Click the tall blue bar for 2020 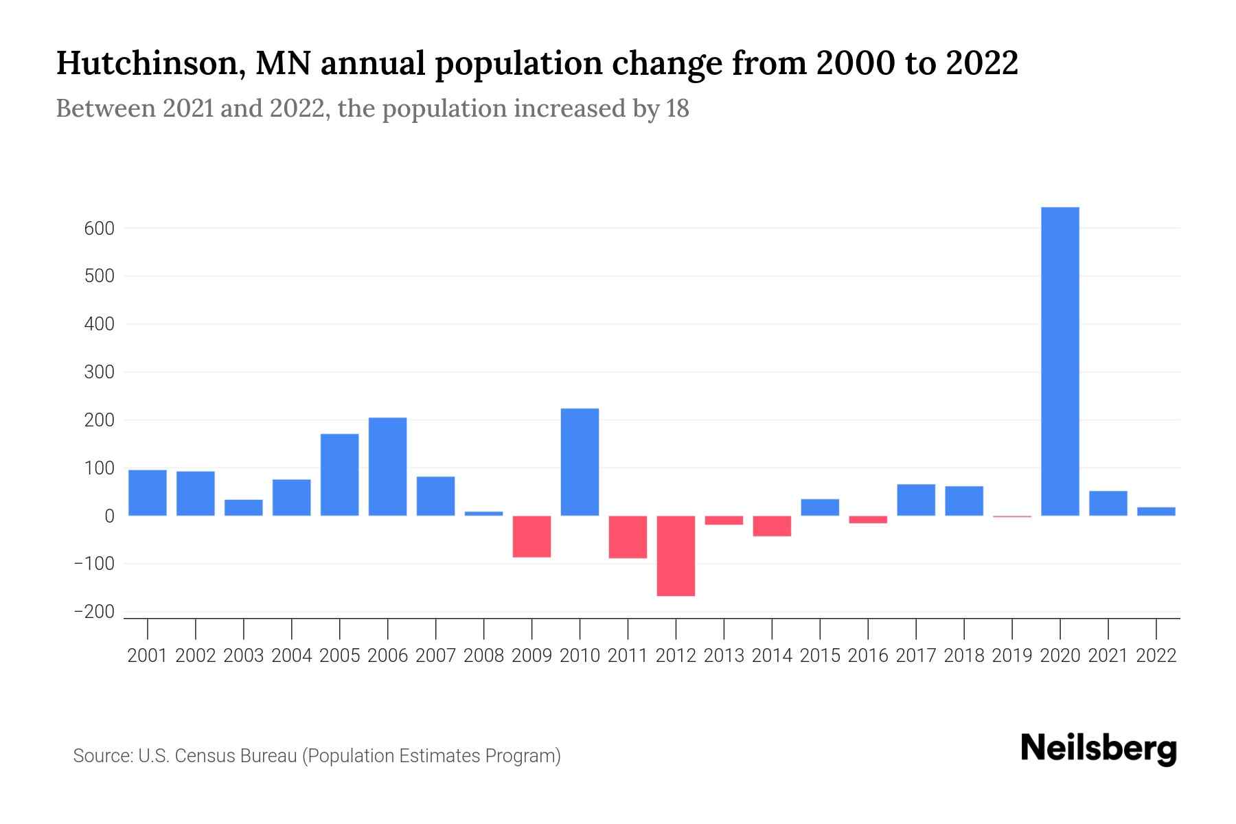(1060, 361)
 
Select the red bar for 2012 (676, 556)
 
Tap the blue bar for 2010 (580, 462)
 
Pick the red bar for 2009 (531, 536)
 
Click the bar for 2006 (387, 466)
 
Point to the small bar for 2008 (483, 513)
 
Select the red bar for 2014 (772, 526)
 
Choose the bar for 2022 (1156, 511)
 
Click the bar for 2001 (148, 492)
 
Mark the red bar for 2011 (628, 537)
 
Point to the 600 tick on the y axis (100, 229)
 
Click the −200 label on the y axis (94, 612)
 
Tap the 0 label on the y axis (109, 516)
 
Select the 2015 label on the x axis (820, 656)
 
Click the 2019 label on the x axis (1011, 656)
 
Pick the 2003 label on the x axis (244, 656)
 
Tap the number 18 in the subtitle (677, 108)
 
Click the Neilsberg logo (1099, 748)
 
